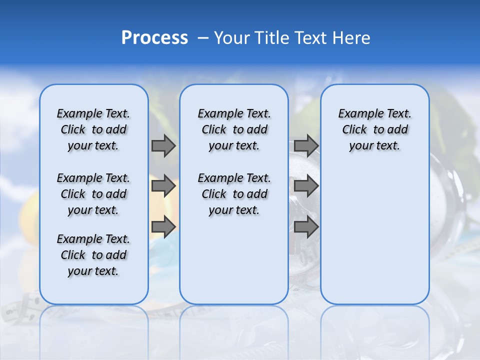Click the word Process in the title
pyautogui.click(x=154, y=37)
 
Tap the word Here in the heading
pyautogui.click(x=351, y=38)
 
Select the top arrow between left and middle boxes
pyautogui.click(x=163, y=145)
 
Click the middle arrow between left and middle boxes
pyautogui.click(x=163, y=186)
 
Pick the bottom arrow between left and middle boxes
pyautogui.click(x=163, y=226)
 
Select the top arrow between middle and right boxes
pyautogui.click(x=306, y=145)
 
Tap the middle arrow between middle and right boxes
pyautogui.click(x=306, y=186)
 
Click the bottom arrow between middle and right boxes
pyautogui.click(x=306, y=226)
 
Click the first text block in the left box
pyautogui.click(x=93, y=129)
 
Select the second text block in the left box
pyautogui.click(x=93, y=194)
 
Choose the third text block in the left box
pyautogui.click(x=93, y=255)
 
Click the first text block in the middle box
pyautogui.click(x=234, y=129)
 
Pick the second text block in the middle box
pyautogui.click(x=234, y=194)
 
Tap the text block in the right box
pyautogui.click(x=375, y=129)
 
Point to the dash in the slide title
pyautogui.click(x=202, y=38)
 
